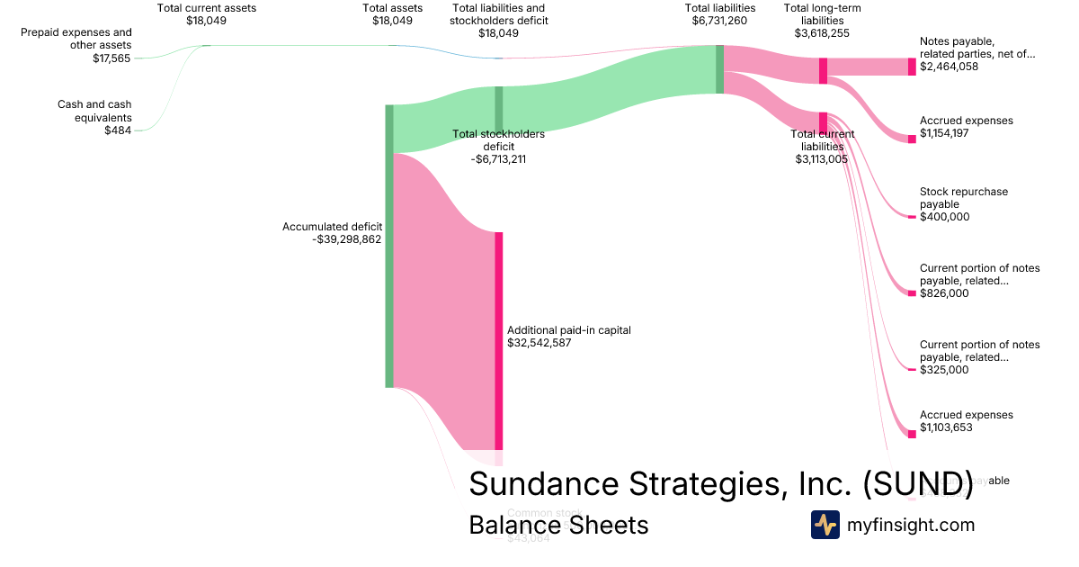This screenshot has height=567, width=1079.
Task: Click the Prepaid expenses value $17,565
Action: coord(112,58)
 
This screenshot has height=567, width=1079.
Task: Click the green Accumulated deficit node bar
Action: coord(389,246)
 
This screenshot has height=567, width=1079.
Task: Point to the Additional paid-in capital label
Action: coord(568,330)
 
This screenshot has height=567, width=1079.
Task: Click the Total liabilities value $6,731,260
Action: coord(719,21)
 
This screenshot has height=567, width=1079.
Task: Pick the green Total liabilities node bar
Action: coord(719,69)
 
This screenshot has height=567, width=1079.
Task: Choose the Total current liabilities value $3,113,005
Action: coord(822,159)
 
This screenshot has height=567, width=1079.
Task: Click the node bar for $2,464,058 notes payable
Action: coord(912,67)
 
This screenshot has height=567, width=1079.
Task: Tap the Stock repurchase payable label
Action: coord(964,198)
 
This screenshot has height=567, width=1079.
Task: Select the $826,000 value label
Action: coord(944,292)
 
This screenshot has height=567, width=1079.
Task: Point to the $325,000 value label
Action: coord(944,369)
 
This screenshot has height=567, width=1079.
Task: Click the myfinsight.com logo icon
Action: coord(825,525)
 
